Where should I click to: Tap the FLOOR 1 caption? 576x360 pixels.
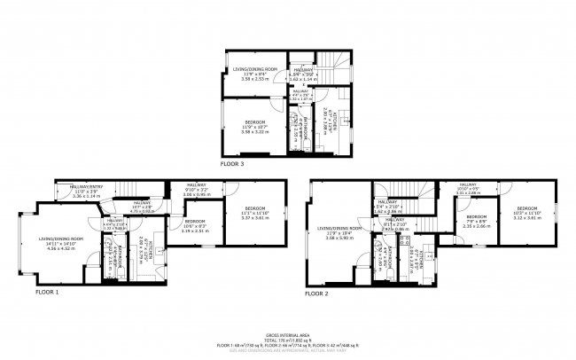tap(47, 291)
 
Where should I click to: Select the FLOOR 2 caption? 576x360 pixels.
tap(316, 293)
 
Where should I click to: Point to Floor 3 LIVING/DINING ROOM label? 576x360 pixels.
tap(254, 68)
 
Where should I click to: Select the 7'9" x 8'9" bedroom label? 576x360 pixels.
tap(477, 221)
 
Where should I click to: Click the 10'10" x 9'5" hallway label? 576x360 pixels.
tap(468, 188)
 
